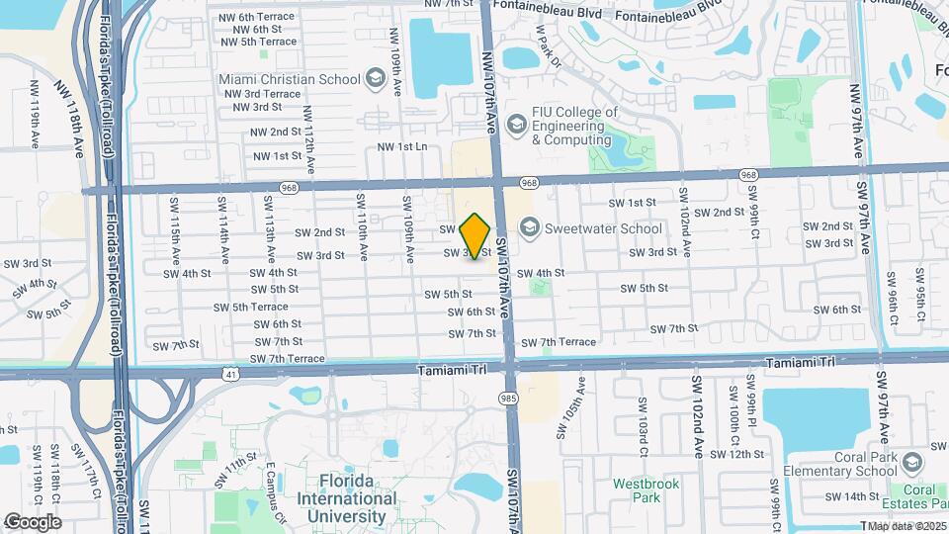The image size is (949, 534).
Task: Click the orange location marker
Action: [475, 235]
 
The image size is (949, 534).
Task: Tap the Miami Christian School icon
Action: [376, 77]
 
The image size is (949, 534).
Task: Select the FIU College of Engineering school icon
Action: [516, 125]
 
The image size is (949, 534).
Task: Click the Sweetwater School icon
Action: [529, 228]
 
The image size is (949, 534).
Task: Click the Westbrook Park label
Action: [636, 490]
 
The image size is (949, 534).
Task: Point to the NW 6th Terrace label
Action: [260, 17]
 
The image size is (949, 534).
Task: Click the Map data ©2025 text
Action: [906, 526]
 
